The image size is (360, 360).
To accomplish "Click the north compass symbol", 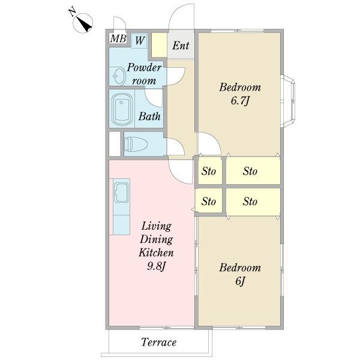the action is point(83,23).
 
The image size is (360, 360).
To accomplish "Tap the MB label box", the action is point(118,38).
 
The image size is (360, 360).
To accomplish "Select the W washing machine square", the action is point(139,41).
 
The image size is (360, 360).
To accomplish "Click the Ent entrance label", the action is point(181,46).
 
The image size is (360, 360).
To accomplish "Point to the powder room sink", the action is point(119,76).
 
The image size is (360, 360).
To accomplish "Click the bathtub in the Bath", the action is point(122,109).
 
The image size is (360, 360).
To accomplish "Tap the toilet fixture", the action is point(136,144).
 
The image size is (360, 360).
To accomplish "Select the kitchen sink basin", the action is point(121,193).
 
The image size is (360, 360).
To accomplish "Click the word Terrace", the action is point(158,342).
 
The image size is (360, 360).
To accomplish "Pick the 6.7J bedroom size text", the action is point(239,101).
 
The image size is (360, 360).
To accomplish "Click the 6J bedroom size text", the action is point(240,281).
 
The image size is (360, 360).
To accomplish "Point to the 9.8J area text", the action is point(156,266).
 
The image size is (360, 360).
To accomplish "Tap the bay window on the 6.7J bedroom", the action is point(288,101).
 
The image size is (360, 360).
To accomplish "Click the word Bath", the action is point(149,116).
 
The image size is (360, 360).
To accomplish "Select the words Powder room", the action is point(144,74).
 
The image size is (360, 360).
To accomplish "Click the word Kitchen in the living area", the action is point(156,253).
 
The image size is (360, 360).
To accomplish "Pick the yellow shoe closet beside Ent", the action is point(159,45).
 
